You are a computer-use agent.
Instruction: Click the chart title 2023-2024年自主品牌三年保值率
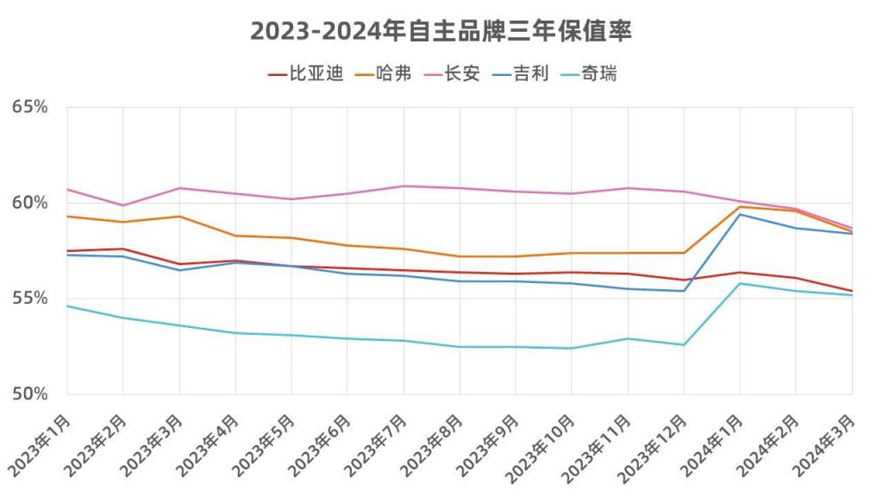(x=441, y=31)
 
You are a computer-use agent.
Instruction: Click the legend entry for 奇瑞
(x=599, y=74)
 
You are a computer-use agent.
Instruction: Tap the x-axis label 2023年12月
(x=656, y=444)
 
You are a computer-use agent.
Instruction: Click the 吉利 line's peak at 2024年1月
(x=740, y=214)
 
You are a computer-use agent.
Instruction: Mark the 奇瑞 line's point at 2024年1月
(x=740, y=283)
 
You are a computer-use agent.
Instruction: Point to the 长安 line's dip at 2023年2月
(x=123, y=205)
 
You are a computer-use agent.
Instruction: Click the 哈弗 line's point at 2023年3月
(x=179, y=216)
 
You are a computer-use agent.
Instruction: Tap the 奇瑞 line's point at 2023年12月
(x=684, y=345)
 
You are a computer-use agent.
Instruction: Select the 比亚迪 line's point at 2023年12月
(x=684, y=280)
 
